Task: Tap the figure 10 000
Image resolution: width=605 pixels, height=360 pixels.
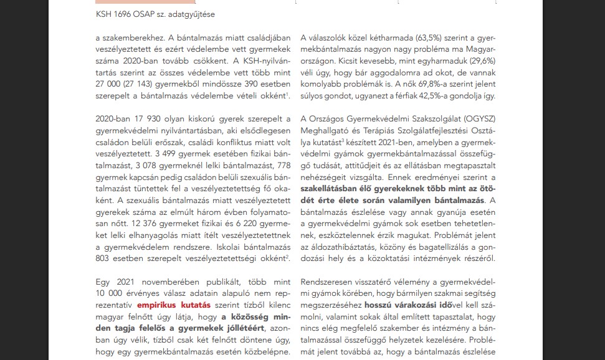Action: [x=111, y=293]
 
